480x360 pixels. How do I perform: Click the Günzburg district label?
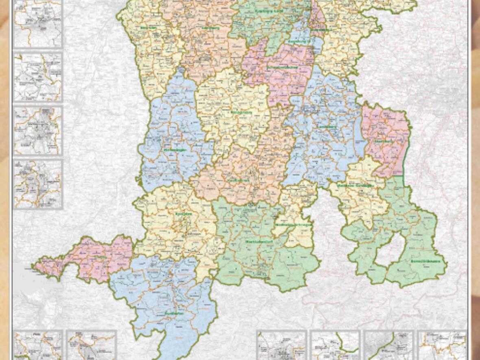(x=210, y=28)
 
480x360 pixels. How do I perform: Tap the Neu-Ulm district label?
(x=148, y=28)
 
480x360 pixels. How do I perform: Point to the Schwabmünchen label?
(x=282, y=67)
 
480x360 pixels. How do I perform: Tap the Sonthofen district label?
(x=173, y=313)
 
